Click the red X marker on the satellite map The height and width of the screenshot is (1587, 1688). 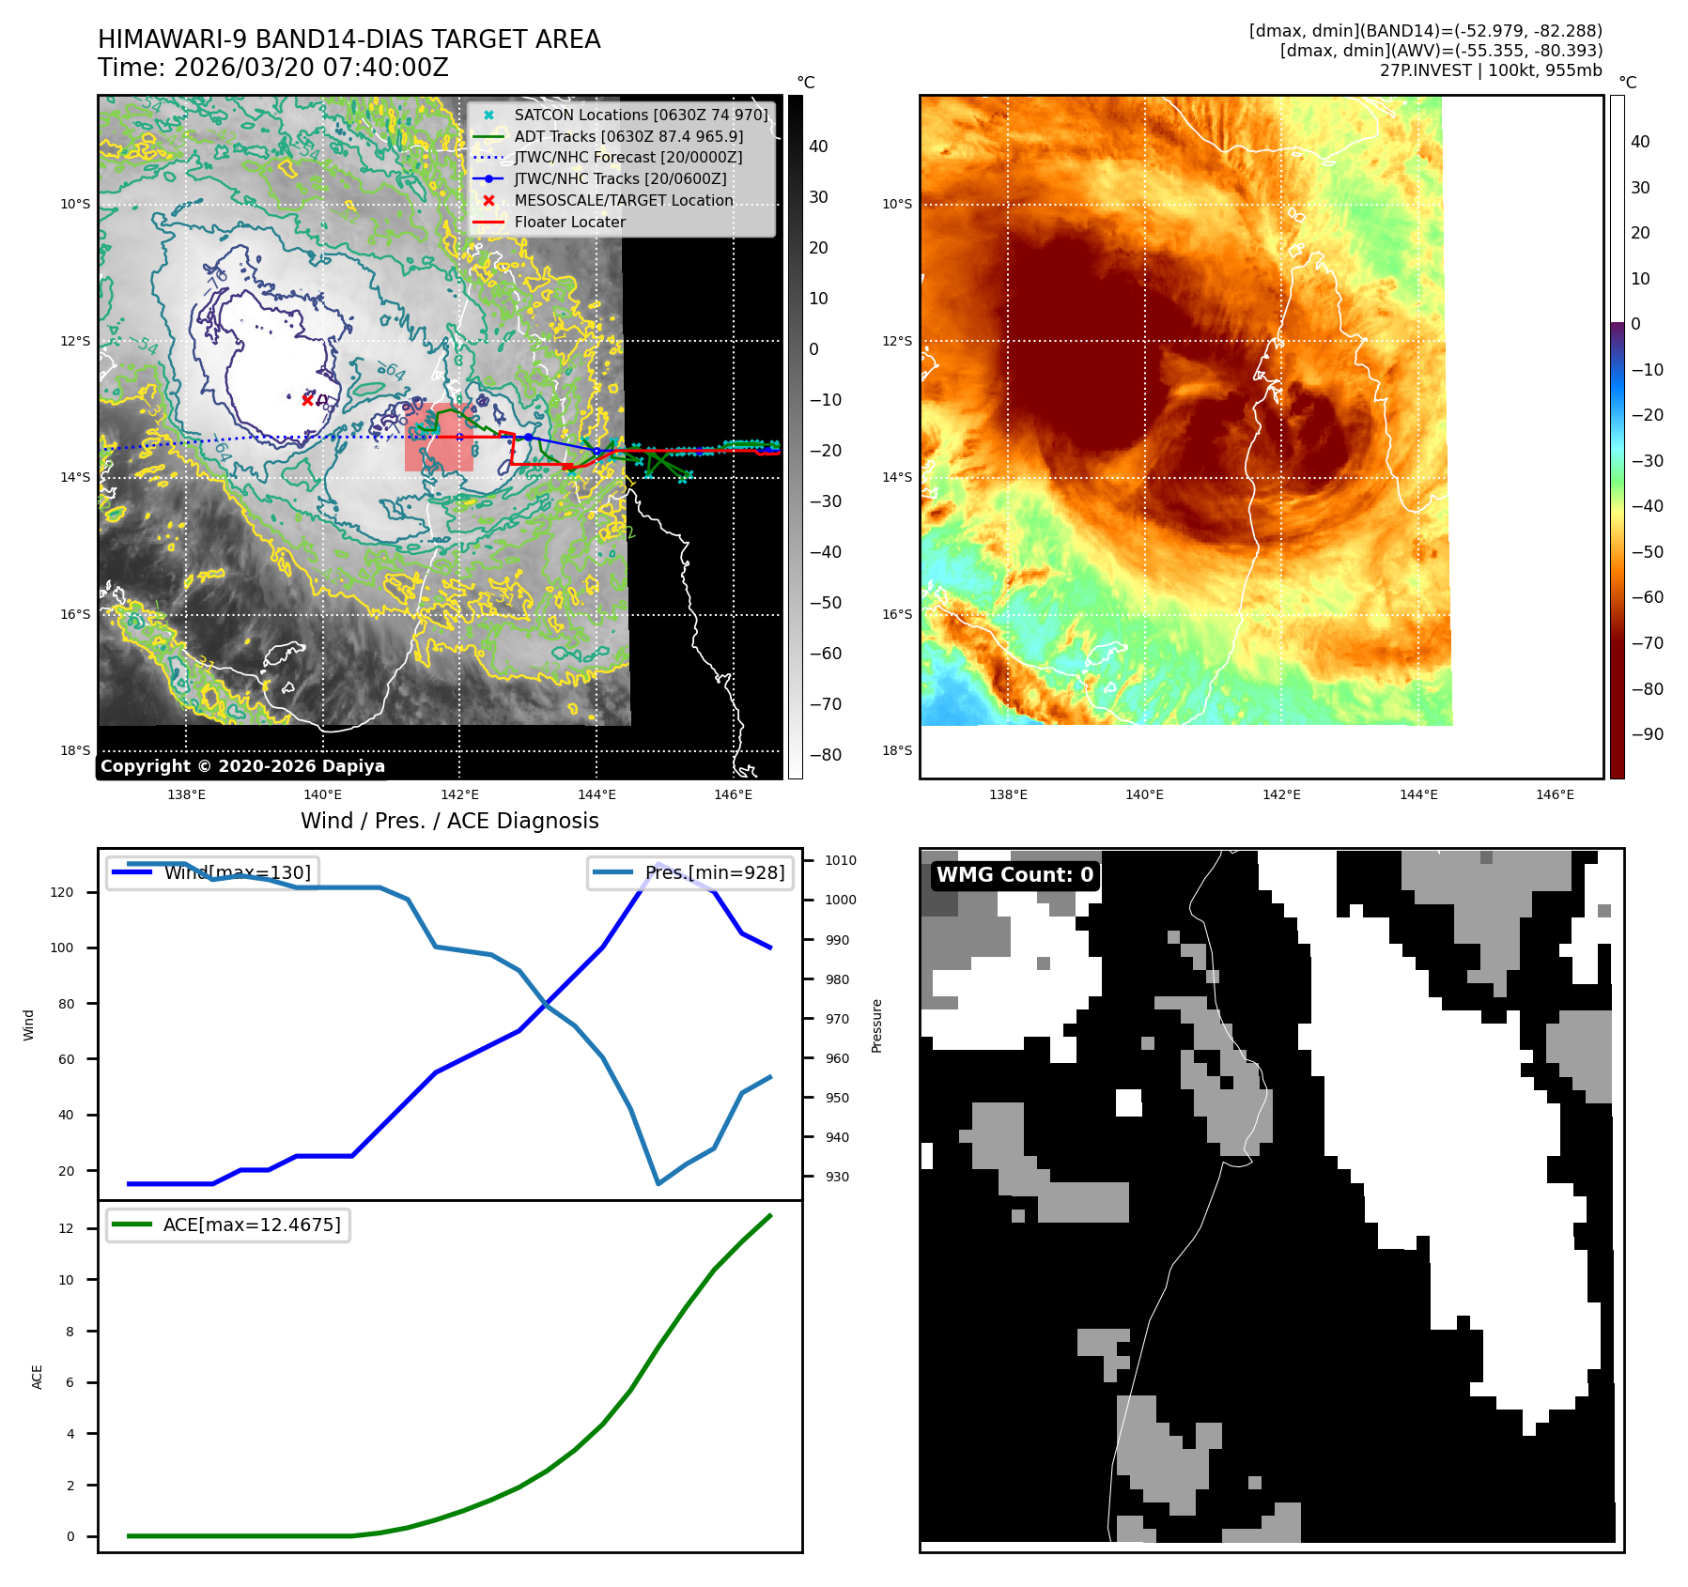click(x=307, y=400)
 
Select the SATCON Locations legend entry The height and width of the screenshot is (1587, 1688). click(x=640, y=115)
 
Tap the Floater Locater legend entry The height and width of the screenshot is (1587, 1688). click(x=569, y=223)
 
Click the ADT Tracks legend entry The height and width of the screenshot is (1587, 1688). click(x=627, y=136)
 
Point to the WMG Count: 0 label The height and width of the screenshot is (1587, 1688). click(x=1014, y=875)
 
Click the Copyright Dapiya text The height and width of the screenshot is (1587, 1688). click(x=242, y=766)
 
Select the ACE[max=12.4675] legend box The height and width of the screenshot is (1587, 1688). click(x=228, y=1225)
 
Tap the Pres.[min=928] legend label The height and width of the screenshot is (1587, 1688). click(x=714, y=872)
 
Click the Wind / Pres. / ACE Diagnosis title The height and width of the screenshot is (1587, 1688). click(x=449, y=821)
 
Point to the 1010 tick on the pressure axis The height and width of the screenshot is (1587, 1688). click(x=841, y=860)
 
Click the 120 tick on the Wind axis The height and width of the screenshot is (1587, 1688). click(x=62, y=892)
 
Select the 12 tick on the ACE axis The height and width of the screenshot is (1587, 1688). click(x=66, y=1228)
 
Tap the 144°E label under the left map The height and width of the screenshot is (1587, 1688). click(x=596, y=795)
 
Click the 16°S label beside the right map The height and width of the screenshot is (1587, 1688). click(x=896, y=614)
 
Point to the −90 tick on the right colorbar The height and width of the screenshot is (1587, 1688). click(x=1647, y=734)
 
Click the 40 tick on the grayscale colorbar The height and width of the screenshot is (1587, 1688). click(x=818, y=146)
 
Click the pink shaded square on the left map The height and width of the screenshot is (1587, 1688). click(x=439, y=438)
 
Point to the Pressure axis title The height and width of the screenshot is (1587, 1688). click(x=877, y=1025)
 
